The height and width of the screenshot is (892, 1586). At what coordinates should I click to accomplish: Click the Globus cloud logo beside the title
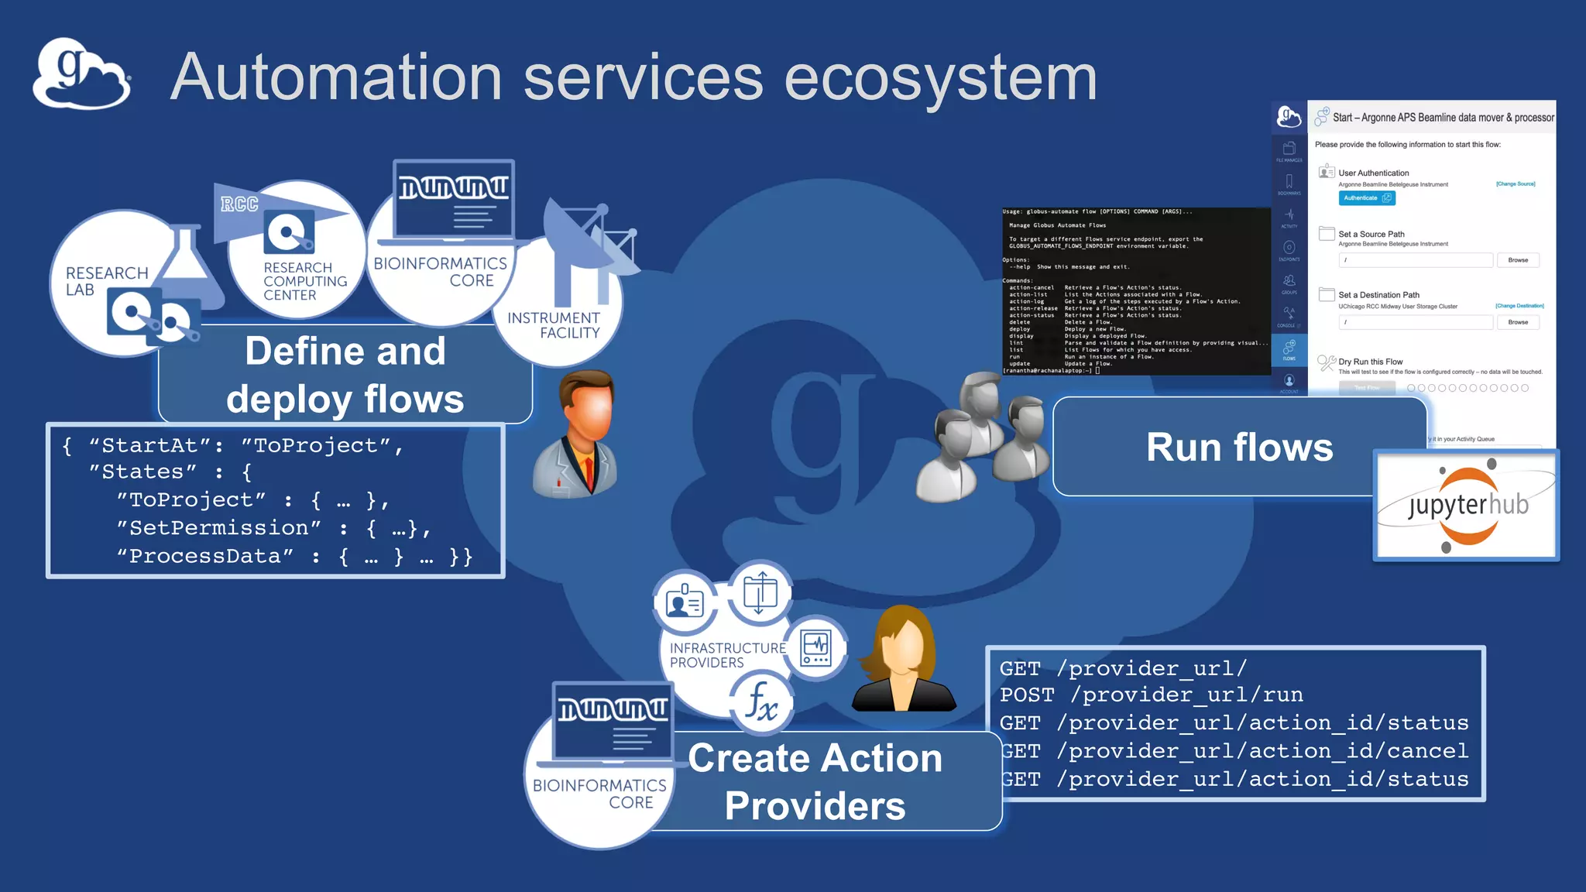click(x=81, y=74)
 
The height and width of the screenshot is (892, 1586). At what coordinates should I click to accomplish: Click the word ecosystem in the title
click(x=940, y=77)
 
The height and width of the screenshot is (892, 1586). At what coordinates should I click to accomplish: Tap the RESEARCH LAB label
click(x=106, y=281)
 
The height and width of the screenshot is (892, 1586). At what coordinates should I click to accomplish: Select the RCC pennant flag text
click(x=239, y=204)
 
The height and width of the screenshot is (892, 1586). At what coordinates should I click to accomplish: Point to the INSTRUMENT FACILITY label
click(x=554, y=325)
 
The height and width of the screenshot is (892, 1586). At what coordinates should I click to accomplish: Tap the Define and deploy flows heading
click(x=345, y=375)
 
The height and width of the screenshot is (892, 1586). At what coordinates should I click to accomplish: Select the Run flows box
click(x=1239, y=447)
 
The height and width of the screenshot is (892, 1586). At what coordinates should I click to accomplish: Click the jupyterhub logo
click(x=1466, y=506)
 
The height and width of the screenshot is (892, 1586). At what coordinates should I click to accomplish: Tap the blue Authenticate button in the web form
click(x=1367, y=198)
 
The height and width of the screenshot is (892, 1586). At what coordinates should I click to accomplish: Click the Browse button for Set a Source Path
click(x=1517, y=260)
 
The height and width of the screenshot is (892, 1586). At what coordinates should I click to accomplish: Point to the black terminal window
click(x=1135, y=291)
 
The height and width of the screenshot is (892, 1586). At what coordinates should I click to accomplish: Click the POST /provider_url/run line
click(x=1151, y=695)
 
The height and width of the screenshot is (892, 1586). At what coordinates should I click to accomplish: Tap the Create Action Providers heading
click(x=815, y=781)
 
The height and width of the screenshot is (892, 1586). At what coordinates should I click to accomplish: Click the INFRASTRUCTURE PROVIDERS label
click(x=726, y=655)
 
